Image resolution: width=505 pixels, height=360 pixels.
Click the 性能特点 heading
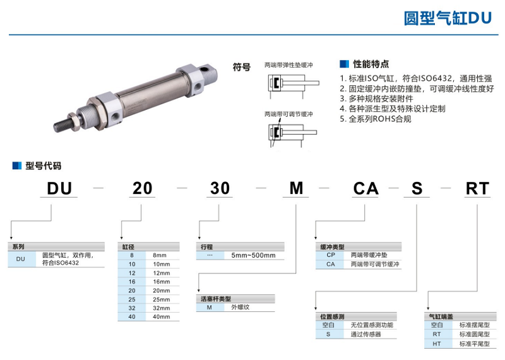pos(371,64)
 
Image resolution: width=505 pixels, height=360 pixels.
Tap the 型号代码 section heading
pos(42,166)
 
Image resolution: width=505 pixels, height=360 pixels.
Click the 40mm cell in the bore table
pos(162,316)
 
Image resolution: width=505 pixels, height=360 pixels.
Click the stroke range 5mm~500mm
pos(253,255)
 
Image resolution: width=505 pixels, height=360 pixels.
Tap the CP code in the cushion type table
pos(330,255)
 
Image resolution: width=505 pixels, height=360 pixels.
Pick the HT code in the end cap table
pos(436,344)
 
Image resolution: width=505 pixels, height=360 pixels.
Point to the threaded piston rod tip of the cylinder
pos(62,124)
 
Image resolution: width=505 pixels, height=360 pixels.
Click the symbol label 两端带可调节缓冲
pos(288,114)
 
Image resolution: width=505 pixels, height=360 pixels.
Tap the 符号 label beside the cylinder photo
pos(242,66)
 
